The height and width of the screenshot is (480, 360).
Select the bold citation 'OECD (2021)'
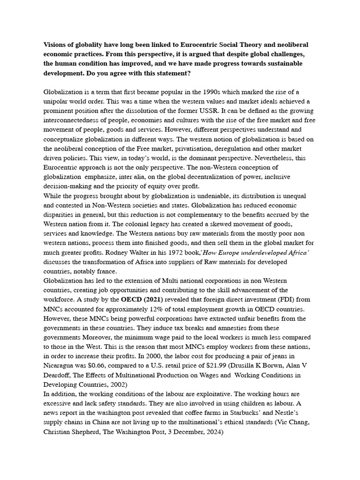pyautogui.click(x=141, y=300)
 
